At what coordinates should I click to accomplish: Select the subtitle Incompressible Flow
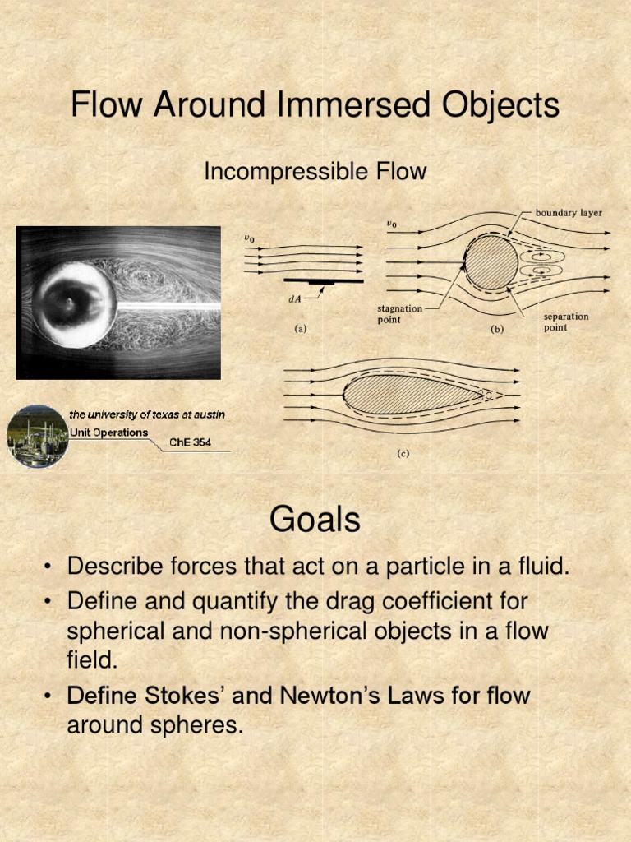coord(315,172)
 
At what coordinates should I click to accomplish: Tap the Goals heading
coord(315,520)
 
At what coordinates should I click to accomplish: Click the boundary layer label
coord(569,213)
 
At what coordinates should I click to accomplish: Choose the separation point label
coord(566,322)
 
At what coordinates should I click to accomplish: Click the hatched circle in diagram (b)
coord(491,263)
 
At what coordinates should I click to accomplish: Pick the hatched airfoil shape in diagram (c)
coord(411,393)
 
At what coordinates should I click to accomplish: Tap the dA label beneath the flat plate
coord(294,299)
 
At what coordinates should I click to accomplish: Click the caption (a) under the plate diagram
coord(301,329)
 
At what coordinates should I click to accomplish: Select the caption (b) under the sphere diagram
coord(498,329)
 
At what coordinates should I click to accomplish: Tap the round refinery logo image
coord(37,437)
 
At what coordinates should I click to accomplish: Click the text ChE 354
coord(190,442)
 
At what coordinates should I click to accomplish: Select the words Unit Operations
coord(108,433)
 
